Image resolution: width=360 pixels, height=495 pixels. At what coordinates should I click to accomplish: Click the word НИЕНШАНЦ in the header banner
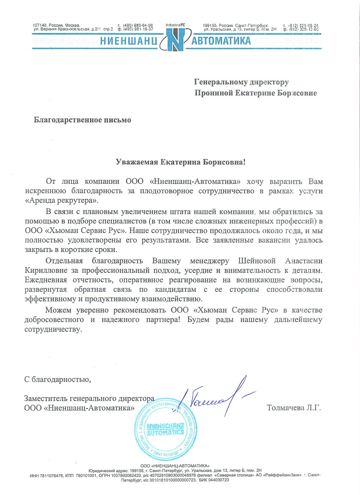coord(129,41)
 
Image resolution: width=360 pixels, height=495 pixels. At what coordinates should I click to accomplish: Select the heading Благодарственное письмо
coord(83,120)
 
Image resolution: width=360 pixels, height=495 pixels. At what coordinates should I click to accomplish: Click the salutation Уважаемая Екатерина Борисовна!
coord(181,162)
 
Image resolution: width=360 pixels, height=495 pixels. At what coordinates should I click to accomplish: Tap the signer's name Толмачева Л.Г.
coord(294,408)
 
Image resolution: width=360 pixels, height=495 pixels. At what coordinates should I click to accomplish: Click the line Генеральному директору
coord(241,82)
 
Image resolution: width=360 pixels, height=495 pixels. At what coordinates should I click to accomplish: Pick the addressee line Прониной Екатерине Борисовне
coord(255,92)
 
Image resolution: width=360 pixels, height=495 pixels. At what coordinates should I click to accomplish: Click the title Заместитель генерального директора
coord(88,398)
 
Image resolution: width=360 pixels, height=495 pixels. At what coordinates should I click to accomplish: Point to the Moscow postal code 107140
coord(39,25)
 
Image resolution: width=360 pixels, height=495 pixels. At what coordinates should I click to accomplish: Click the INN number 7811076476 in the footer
coord(52,476)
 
